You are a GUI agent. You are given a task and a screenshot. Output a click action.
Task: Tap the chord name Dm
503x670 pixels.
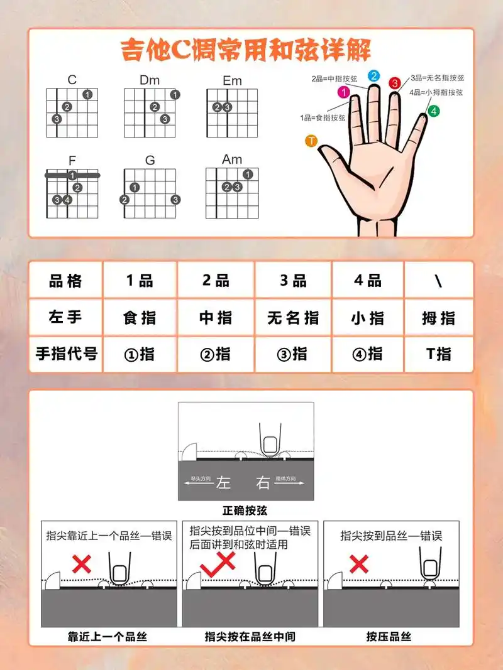coord(150,80)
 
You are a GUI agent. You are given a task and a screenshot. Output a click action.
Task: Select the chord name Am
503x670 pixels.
coord(232,159)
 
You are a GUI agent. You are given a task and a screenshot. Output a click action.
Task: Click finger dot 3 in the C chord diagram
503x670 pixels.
coord(57,119)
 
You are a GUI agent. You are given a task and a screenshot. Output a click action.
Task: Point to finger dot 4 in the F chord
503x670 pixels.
coord(67,200)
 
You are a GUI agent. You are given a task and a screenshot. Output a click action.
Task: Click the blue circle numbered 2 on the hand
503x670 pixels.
coord(373,76)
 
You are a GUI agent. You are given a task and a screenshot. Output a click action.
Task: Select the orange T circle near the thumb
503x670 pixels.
coord(311,141)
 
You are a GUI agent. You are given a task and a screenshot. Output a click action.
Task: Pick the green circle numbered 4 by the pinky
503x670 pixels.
coord(434,111)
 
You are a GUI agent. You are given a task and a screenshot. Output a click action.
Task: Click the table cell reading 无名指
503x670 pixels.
coord(292,318)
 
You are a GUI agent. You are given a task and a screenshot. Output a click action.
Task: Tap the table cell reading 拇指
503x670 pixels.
coord(438,318)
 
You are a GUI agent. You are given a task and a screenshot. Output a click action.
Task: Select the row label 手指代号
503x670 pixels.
coord(66,354)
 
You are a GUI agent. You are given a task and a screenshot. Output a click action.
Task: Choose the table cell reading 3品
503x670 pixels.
coord(292,281)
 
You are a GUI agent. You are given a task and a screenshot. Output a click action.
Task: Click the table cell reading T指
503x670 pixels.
coord(438,354)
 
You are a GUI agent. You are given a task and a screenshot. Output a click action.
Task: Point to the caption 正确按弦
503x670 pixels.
coord(245,510)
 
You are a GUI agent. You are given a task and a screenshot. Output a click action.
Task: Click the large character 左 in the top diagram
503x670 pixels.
coord(224,482)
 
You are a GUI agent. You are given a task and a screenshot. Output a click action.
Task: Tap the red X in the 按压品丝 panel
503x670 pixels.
coord(359,563)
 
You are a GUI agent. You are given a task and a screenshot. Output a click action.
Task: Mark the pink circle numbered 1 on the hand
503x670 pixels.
coord(344,92)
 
